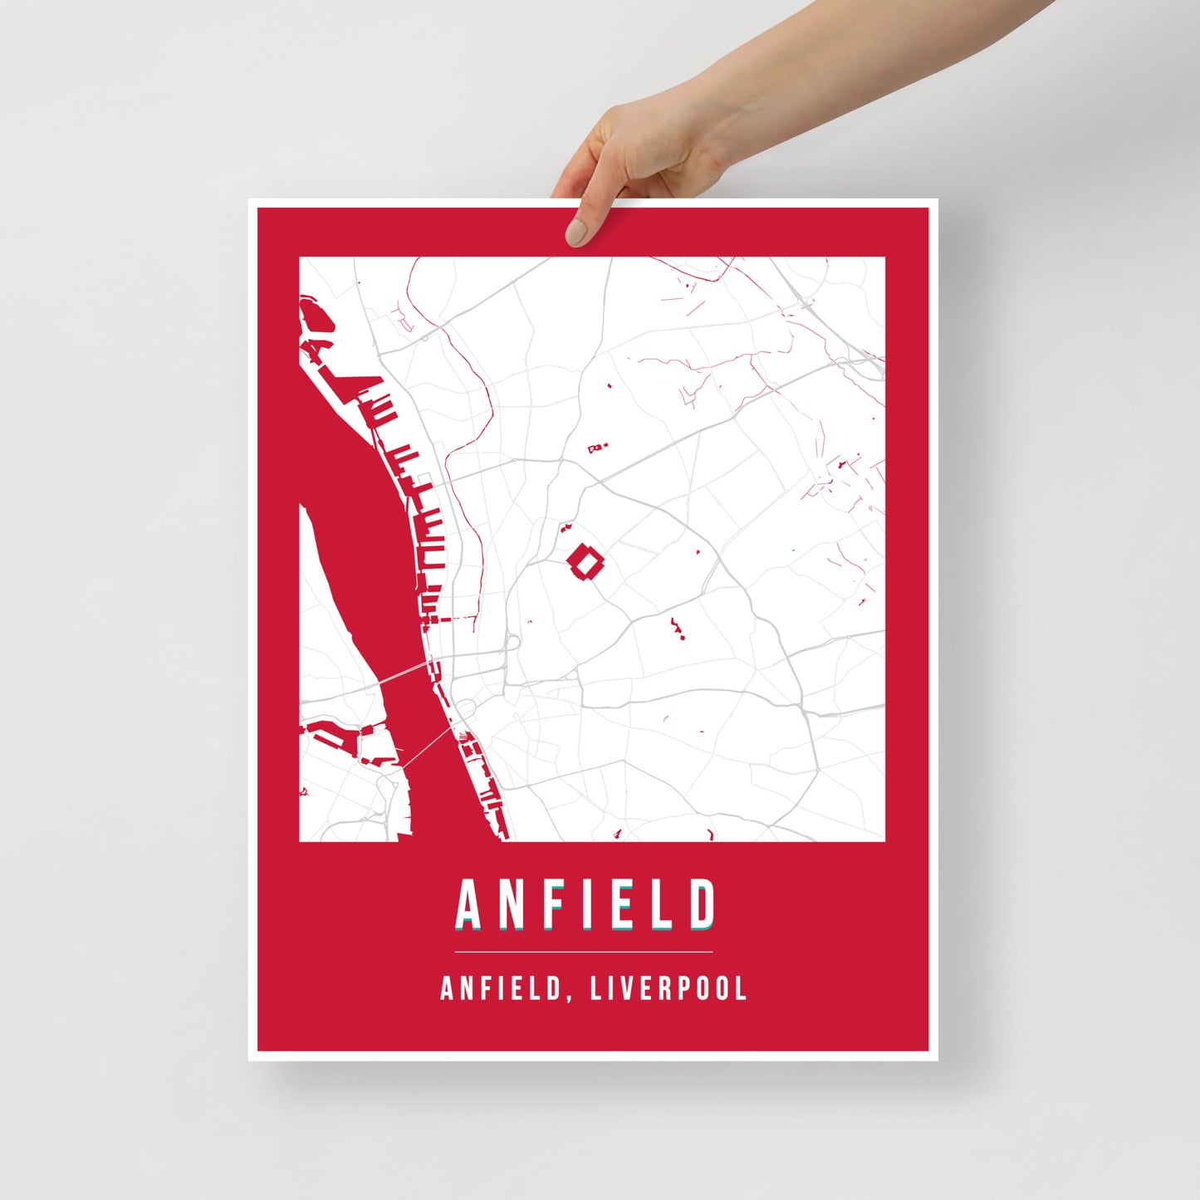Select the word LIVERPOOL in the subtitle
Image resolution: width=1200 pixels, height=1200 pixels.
(669, 989)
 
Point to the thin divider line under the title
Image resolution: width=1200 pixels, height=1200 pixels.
(583, 952)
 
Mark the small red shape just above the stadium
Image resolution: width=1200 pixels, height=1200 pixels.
(567, 527)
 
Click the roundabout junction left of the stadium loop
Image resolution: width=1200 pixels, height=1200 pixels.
(511, 642)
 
